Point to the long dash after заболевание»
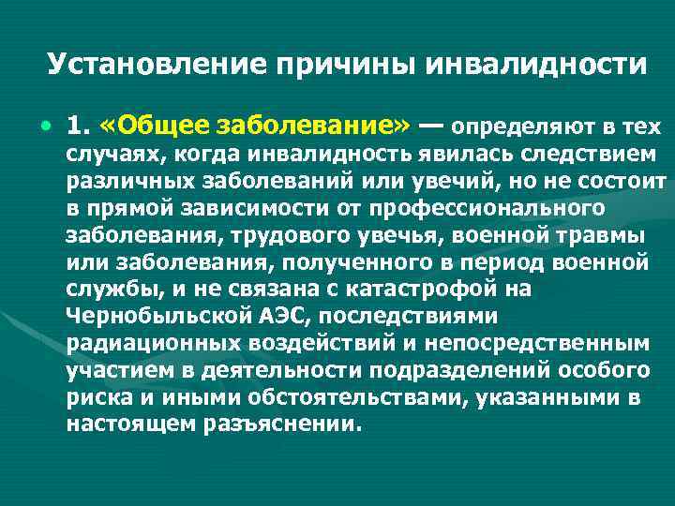(x=432, y=126)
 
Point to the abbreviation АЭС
(x=265, y=315)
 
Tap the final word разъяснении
(x=280, y=424)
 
